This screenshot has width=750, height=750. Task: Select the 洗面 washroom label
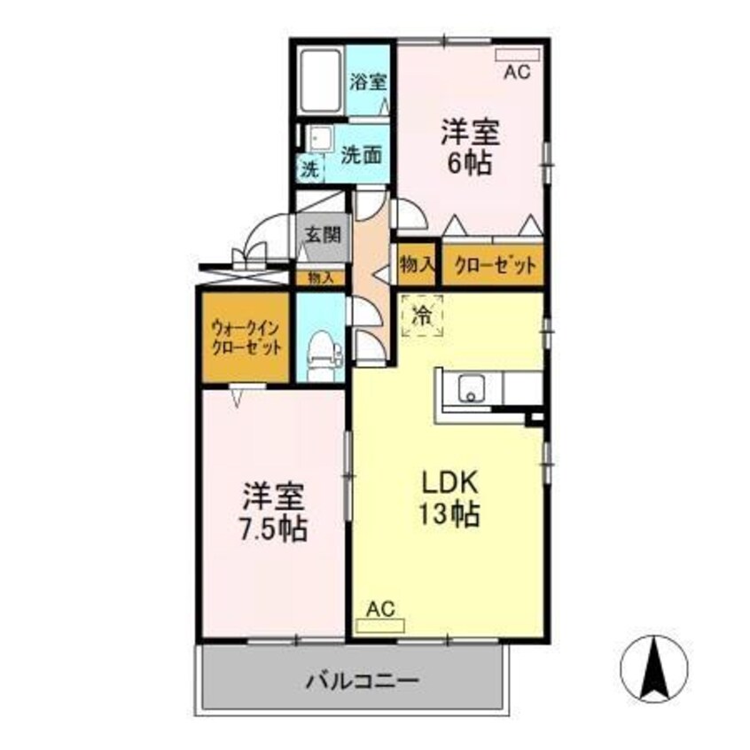pyautogui.click(x=361, y=153)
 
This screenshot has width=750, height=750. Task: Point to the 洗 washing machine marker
pyautogui.click(x=310, y=168)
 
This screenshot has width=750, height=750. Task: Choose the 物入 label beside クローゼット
pyautogui.click(x=417, y=264)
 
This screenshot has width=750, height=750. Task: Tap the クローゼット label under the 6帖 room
pyautogui.click(x=491, y=264)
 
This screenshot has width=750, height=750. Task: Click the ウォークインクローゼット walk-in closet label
pyautogui.click(x=246, y=339)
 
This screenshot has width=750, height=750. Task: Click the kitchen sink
pyautogui.click(x=470, y=387)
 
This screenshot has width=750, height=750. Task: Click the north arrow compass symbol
pyautogui.click(x=655, y=668)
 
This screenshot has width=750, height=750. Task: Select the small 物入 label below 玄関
pyautogui.click(x=321, y=277)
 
